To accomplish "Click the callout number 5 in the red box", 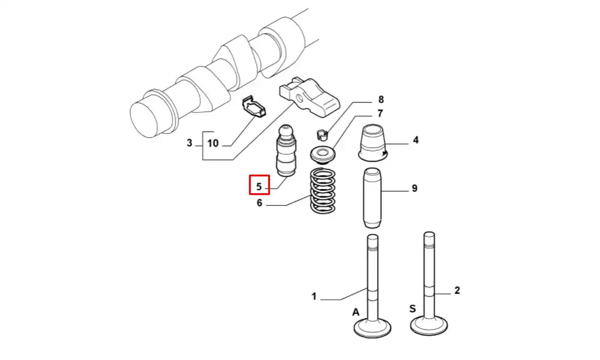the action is tap(259, 187).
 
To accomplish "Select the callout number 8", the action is tap(381, 100).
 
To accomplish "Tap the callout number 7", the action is tap(380, 113).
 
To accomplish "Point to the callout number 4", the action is tap(416, 140).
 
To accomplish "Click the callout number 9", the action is tap(415, 188).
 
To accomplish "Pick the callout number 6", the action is tap(259, 203).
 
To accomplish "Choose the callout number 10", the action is tap(213, 143).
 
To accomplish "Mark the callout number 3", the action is tap(190, 143).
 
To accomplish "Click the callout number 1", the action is tap(314, 296).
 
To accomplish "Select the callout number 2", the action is tap(457, 290).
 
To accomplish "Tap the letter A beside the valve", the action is tap(356, 313).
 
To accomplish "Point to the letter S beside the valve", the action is tap(413, 308).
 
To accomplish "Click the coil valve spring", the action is tap(323, 191).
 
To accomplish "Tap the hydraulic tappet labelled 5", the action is tap(284, 151).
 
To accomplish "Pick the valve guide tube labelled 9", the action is tap(372, 197).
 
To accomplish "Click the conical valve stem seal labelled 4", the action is tap(373, 142).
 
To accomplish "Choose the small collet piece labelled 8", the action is tap(323, 134).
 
